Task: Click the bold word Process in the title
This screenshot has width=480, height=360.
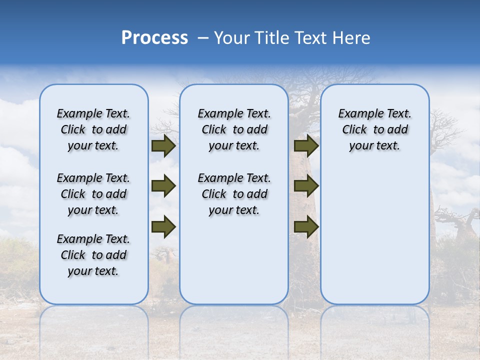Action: [154, 38]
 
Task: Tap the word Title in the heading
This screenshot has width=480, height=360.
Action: [273, 38]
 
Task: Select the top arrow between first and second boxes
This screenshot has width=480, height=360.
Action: [163, 146]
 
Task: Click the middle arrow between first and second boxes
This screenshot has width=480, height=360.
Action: [163, 186]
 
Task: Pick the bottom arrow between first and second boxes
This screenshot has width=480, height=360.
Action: [163, 227]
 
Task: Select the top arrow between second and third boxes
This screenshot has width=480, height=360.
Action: [306, 146]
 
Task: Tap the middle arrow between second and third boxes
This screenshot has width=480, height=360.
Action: [306, 186]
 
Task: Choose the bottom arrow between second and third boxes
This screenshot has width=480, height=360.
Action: [306, 227]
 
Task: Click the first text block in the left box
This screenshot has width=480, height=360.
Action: [93, 129]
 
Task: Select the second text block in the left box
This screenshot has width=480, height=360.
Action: [93, 194]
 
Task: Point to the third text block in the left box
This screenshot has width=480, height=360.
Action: [93, 255]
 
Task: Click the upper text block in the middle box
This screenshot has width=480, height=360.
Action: [234, 129]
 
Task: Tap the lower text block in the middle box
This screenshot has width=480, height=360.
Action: [234, 194]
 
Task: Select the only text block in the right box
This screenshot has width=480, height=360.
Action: [374, 129]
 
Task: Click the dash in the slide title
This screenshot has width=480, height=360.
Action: [202, 38]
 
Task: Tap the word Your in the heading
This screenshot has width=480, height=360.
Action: [232, 38]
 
